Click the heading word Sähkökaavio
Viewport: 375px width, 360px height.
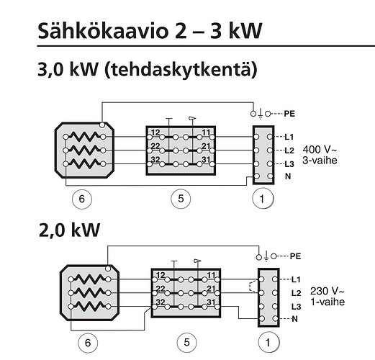(x=103, y=31)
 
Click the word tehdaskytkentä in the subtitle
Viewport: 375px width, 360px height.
(x=181, y=70)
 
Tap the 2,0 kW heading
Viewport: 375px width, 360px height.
(x=69, y=230)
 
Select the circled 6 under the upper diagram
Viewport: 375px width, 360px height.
(x=82, y=199)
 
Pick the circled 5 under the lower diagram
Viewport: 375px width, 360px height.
(x=186, y=342)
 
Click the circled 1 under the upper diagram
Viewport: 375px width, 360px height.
(x=262, y=199)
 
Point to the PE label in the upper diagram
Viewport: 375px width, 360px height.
(x=289, y=114)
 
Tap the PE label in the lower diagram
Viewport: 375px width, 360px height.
(x=296, y=256)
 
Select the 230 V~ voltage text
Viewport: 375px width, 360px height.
(x=327, y=291)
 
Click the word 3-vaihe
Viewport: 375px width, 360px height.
(x=320, y=161)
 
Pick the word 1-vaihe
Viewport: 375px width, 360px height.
(x=327, y=302)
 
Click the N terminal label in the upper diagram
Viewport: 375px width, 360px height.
(x=288, y=176)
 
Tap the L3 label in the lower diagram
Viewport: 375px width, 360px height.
(x=296, y=307)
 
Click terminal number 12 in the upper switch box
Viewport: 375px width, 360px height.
(x=155, y=132)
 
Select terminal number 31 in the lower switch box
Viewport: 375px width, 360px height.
(x=211, y=302)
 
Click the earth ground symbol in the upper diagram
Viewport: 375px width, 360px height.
(x=261, y=114)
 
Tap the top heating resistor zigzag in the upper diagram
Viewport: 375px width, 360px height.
(x=84, y=137)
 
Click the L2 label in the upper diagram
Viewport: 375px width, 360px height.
(x=289, y=150)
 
